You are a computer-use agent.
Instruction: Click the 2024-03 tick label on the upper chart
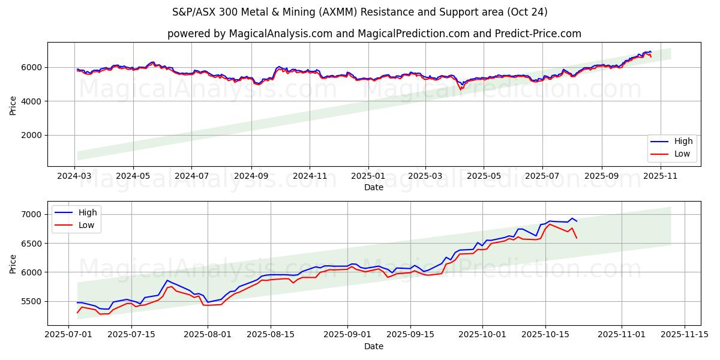75,176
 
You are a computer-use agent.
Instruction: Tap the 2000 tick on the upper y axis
32,136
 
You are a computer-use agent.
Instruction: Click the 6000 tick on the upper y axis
32,67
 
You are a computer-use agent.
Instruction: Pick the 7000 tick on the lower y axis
32,215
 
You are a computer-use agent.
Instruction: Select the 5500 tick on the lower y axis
32,301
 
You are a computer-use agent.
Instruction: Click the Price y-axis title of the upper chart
13,104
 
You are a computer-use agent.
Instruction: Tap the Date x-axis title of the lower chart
374,346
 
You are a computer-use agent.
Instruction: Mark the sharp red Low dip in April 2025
461,89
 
